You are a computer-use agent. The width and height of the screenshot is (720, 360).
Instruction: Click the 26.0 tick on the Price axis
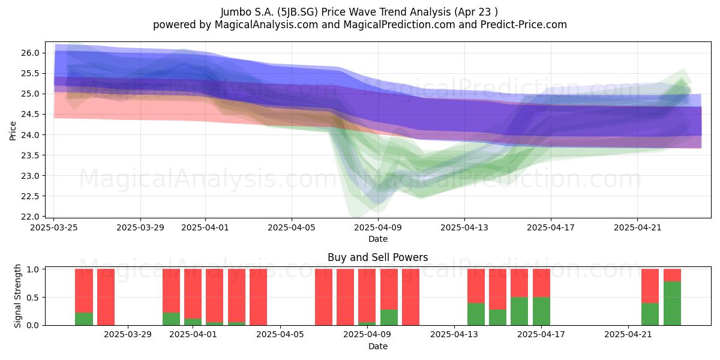click(x=30, y=53)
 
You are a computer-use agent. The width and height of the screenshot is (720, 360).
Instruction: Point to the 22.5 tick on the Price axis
click(x=30, y=196)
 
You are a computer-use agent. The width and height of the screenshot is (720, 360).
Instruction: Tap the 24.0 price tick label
click(x=30, y=135)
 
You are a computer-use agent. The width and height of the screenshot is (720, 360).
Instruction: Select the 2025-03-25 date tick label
click(x=54, y=227)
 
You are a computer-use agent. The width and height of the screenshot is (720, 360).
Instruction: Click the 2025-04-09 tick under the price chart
click(x=378, y=227)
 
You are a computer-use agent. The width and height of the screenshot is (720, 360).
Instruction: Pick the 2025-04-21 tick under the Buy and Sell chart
click(x=628, y=334)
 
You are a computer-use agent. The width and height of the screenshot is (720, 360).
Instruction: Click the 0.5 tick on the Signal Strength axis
click(x=32, y=298)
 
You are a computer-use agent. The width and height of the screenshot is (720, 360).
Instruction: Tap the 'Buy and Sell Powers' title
click(x=377, y=257)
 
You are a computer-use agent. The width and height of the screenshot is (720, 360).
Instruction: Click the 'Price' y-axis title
click(x=13, y=131)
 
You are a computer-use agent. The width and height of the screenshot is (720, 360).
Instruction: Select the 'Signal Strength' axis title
click(x=17, y=296)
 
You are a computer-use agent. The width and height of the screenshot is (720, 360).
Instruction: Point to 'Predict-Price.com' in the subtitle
click(x=524, y=25)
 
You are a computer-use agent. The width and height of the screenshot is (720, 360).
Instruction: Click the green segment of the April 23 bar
click(x=672, y=304)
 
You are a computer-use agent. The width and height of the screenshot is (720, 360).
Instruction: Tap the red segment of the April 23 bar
click(x=672, y=275)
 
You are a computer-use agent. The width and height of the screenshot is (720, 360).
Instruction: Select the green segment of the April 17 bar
click(x=541, y=311)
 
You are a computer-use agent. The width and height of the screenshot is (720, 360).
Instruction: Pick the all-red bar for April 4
click(x=258, y=297)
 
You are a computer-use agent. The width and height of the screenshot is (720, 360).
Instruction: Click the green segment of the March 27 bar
click(x=84, y=319)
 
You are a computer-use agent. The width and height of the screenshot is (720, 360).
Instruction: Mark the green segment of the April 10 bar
click(x=389, y=317)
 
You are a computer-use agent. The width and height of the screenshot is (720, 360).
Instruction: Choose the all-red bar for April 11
click(x=410, y=297)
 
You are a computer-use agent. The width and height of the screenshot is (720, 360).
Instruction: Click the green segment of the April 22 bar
click(x=650, y=314)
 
